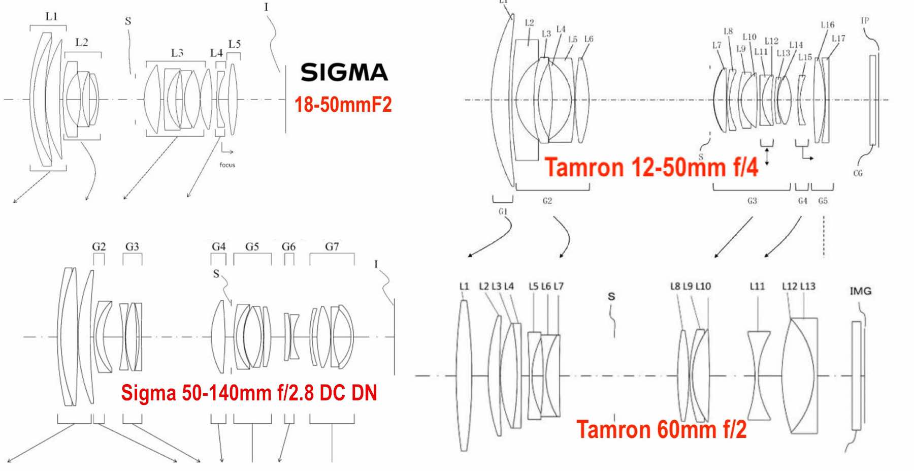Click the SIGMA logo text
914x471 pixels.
[344, 72]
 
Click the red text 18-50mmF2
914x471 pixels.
[343, 105]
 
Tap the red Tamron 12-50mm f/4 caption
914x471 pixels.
[651, 167]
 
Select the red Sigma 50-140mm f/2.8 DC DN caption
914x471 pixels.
[249, 393]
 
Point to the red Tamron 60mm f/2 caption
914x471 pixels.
[661, 429]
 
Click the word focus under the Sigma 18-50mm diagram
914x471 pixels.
[227, 165]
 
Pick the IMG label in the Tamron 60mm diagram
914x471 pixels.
[860, 291]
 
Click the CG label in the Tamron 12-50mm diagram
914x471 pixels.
[858, 173]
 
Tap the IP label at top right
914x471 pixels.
[865, 20]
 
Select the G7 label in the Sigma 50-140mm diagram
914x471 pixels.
[332, 246]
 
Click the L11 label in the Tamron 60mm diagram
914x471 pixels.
[757, 287]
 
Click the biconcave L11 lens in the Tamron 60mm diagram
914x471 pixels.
[759, 376]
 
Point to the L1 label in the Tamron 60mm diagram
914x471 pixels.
[464, 287]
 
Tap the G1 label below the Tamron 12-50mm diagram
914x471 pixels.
[503, 211]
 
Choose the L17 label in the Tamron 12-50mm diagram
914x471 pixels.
[838, 38]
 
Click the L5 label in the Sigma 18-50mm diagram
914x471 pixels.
[234, 44]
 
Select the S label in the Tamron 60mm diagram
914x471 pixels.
[611, 296]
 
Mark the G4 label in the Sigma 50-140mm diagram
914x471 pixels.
[218, 246]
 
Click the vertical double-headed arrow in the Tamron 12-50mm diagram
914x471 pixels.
[767, 156]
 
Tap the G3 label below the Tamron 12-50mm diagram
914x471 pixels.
[752, 201]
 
